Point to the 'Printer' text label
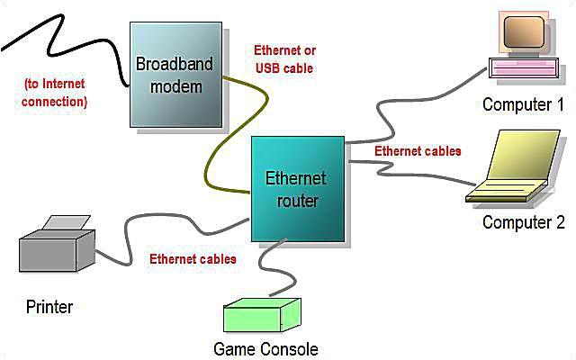[x=49, y=307]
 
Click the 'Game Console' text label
[x=265, y=348]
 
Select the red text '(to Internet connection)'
[x=56, y=93]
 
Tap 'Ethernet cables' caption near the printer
[x=193, y=259]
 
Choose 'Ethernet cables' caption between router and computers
[x=418, y=150]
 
